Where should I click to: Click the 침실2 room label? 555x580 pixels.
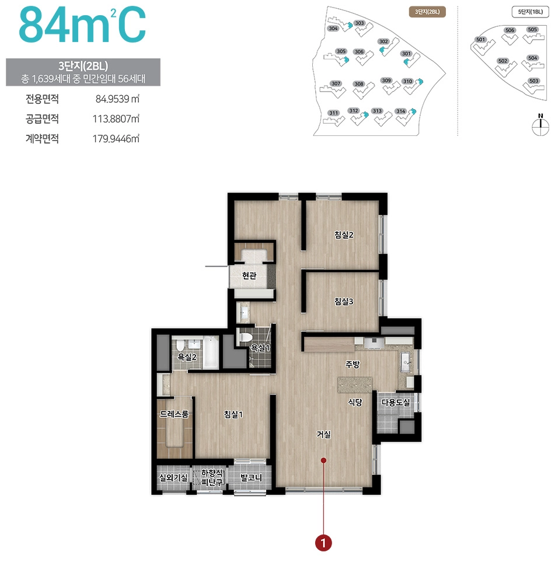(344, 235)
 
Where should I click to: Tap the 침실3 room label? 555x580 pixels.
(344, 302)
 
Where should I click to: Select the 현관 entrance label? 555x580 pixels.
(249, 275)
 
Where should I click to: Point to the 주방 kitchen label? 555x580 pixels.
(352, 364)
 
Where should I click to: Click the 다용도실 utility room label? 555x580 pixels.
(396, 403)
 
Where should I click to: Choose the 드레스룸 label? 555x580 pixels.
(174, 414)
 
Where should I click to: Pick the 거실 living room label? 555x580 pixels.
(324, 434)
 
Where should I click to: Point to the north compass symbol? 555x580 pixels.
(541, 124)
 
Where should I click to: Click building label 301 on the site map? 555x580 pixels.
(406, 54)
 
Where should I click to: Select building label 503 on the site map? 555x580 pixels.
(533, 81)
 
